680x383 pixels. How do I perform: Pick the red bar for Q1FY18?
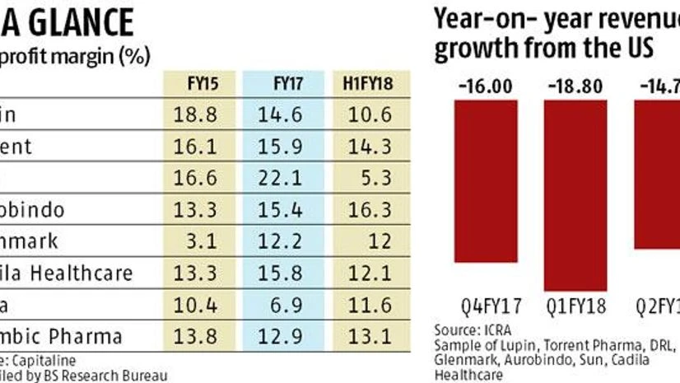[573, 194]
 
